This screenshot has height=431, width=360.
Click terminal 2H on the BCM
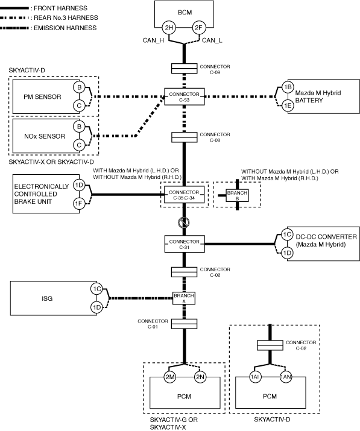click(x=169, y=28)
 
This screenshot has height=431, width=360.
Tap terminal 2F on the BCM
click(x=198, y=28)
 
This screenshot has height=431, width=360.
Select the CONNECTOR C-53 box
click(x=185, y=97)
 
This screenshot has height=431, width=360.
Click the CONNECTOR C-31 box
click(x=185, y=244)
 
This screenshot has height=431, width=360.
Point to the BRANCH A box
click(x=184, y=298)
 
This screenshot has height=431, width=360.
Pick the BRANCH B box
click(x=237, y=195)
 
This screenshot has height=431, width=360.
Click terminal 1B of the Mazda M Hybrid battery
click(x=288, y=87)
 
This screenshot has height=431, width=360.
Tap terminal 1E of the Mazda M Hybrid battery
click(x=288, y=105)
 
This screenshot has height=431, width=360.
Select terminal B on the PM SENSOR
click(x=79, y=87)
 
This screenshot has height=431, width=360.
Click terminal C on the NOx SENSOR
click(x=79, y=145)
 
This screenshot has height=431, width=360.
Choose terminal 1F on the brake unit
click(x=79, y=203)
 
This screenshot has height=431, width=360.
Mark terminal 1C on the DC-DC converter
click(x=287, y=234)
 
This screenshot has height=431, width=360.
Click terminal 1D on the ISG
click(x=97, y=307)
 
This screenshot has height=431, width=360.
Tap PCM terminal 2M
click(x=169, y=377)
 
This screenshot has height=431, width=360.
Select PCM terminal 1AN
click(x=285, y=377)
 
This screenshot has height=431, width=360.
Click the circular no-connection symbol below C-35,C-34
click(x=184, y=222)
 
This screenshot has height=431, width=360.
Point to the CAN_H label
click(x=153, y=40)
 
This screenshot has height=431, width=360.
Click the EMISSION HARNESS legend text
click(x=65, y=28)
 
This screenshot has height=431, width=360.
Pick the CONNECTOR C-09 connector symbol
click(x=185, y=69)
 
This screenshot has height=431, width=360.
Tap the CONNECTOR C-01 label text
click(x=153, y=324)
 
